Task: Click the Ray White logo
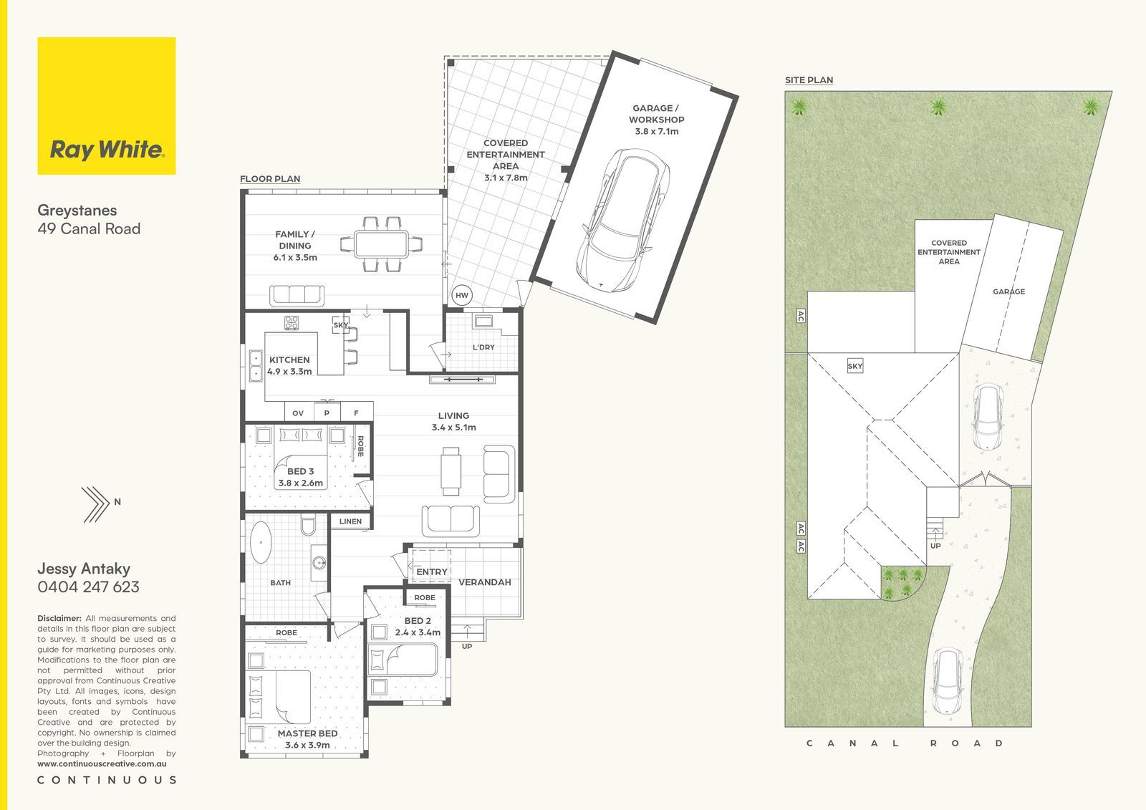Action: point(107,106)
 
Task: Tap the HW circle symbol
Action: point(461,295)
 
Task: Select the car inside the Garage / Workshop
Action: point(623,221)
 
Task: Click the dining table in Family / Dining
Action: point(382,244)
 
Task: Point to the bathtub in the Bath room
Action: point(261,542)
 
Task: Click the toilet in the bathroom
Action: point(308,526)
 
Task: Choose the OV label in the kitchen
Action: point(298,413)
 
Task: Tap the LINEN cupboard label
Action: point(350,521)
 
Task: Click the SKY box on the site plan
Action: point(855,366)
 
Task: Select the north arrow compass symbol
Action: point(96,504)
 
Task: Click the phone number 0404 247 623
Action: point(89,587)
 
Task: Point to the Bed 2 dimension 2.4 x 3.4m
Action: point(418,632)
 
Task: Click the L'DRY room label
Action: point(483,347)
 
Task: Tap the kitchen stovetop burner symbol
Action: point(292,323)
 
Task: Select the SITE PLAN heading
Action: point(809,80)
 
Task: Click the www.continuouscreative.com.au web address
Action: point(102,764)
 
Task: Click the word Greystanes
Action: point(77,211)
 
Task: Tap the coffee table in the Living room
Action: point(451,471)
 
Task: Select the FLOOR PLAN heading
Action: point(270,179)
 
